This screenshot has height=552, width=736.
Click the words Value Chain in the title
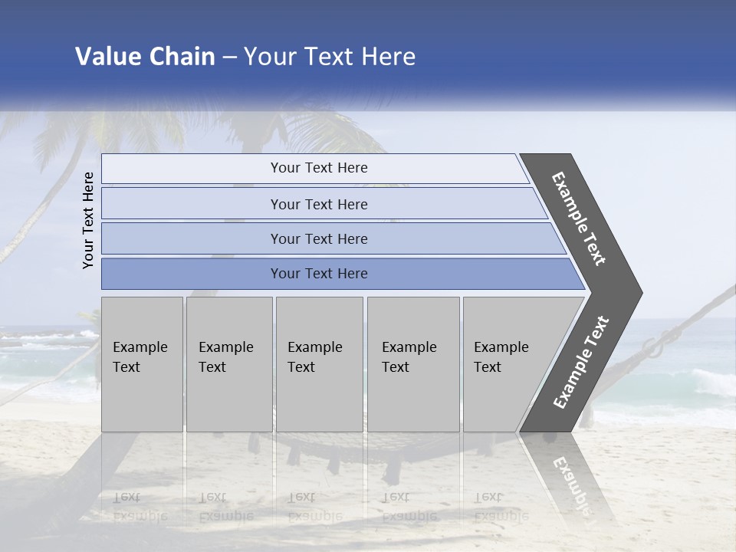[145, 57]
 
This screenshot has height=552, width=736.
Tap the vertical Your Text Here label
[88, 220]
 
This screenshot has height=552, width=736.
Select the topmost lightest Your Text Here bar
[318, 168]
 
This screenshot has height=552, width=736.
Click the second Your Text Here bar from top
[318, 204]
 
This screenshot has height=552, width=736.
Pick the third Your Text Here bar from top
[318, 238]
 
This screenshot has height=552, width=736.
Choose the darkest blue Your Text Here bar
[318, 274]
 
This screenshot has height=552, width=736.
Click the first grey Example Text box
[142, 364]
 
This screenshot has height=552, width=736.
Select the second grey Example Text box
[228, 364]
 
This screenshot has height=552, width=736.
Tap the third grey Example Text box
[319, 364]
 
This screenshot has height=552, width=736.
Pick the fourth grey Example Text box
[412, 364]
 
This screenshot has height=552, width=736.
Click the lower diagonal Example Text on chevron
[580, 363]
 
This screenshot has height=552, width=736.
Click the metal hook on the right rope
[655, 347]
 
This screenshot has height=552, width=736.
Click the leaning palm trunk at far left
[31, 215]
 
